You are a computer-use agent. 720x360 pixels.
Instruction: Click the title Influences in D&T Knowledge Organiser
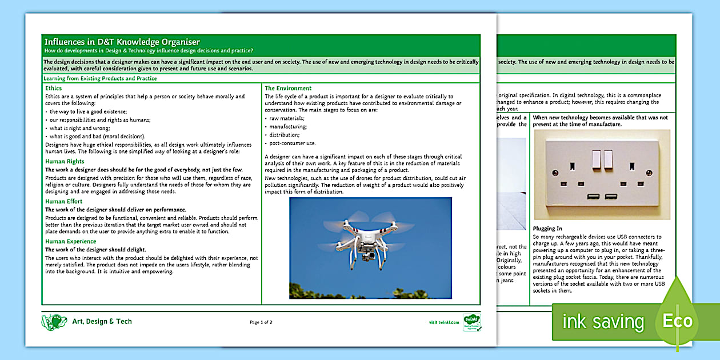pyautogui.click(x=122, y=42)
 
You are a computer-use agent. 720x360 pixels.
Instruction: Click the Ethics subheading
pyautogui.click(x=54, y=88)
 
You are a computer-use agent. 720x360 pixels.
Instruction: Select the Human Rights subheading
pyautogui.click(x=65, y=162)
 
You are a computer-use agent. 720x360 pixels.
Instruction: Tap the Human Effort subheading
pyautogui.click(x=63, y=202)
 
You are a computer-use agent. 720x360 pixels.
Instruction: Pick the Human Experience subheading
pyautogui.click(x=70, y=242)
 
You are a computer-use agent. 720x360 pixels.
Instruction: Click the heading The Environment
pyautogui.click(x=288, y=88)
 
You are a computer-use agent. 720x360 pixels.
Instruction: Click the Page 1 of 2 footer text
pyautogui.click(x=261, y=322)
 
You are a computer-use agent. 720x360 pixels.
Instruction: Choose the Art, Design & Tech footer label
pyautogui.click(x=102, y=322)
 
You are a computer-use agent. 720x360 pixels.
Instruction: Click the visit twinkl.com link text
pyautogui.click(x=443, y=322)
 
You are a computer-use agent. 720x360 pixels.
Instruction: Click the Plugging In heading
pyautogui.click(x=547, y=229)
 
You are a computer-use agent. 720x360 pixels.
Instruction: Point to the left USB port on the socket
pyautogui.click(x=593, y=197)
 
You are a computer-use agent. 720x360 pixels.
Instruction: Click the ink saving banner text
pyautogui.click(x=603, y=322)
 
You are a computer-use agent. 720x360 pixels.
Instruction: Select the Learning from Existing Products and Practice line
pyautogui.click(x=100, y=78)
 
